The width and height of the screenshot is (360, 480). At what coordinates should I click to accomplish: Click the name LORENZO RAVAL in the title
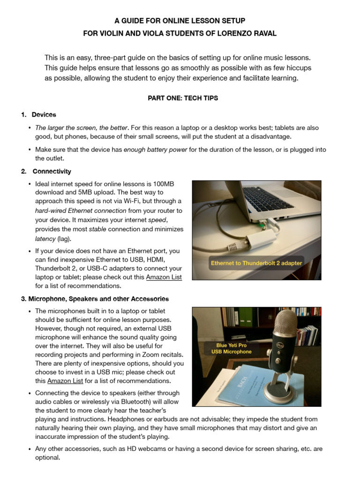point(252,33)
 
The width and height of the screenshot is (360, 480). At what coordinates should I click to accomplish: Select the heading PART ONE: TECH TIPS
point(180,98)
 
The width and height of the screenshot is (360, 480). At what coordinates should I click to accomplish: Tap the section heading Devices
point(44,114)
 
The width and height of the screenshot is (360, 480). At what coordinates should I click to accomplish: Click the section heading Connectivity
point(52,172)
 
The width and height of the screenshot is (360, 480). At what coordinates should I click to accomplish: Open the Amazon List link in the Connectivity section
point(164,277)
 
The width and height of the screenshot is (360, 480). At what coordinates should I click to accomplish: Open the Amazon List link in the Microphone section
point(65,381)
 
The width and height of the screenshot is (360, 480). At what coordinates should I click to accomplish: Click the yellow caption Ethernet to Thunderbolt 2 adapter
point(256,263)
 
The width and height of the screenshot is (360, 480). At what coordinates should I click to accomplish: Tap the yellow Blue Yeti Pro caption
point(232,348)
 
